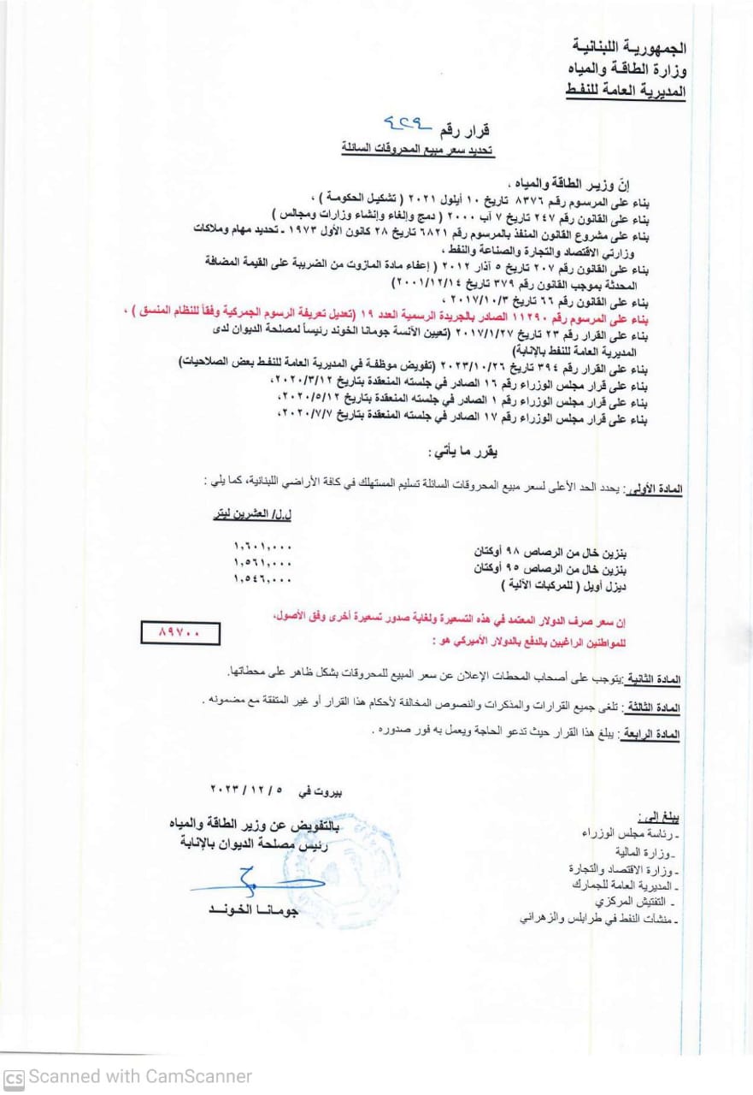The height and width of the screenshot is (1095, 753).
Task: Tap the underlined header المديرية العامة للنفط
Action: tap(627, 89)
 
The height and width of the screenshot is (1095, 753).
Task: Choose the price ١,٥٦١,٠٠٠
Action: tap(262, 563)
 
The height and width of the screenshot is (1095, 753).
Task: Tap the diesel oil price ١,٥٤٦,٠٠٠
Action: tap(262, 579)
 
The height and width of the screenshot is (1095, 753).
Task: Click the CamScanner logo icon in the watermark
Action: tap(14, 1076)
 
